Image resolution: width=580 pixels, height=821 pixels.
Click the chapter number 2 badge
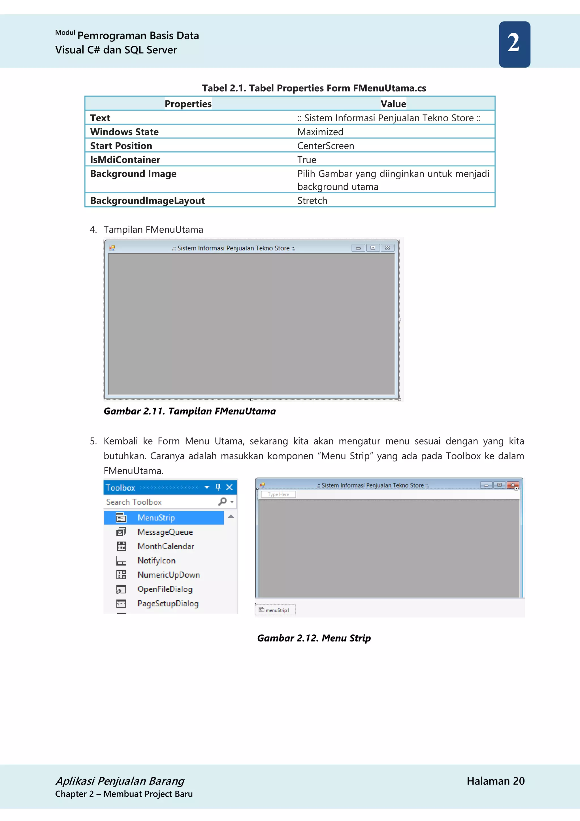pos(514,44)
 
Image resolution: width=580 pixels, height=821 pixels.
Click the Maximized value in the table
pos(320,132)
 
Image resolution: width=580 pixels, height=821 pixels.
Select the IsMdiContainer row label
pos(125,160)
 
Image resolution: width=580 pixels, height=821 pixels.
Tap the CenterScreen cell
pos(326,146)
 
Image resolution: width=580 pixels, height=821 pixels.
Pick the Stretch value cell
pos(312,201)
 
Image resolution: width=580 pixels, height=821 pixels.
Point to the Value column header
pos(393,104)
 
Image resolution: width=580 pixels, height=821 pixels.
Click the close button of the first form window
pos(387,248)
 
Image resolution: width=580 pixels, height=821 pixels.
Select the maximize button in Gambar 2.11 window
pos(373,248)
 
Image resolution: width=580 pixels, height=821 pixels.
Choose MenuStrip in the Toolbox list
pos(156,518)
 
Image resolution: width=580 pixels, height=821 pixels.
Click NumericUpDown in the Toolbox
pos(169,575)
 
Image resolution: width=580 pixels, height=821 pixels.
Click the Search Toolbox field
pos(161,502)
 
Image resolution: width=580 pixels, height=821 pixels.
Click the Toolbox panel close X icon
pos(230,487)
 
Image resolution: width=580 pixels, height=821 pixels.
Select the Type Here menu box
pos(278,494)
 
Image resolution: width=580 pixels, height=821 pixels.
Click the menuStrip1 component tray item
pos(275,610)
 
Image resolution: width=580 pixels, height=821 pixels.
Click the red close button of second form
pos(513,485)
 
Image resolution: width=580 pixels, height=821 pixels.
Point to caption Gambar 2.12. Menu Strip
pos(314,638)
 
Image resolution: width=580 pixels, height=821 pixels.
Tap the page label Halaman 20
pos(495,781)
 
